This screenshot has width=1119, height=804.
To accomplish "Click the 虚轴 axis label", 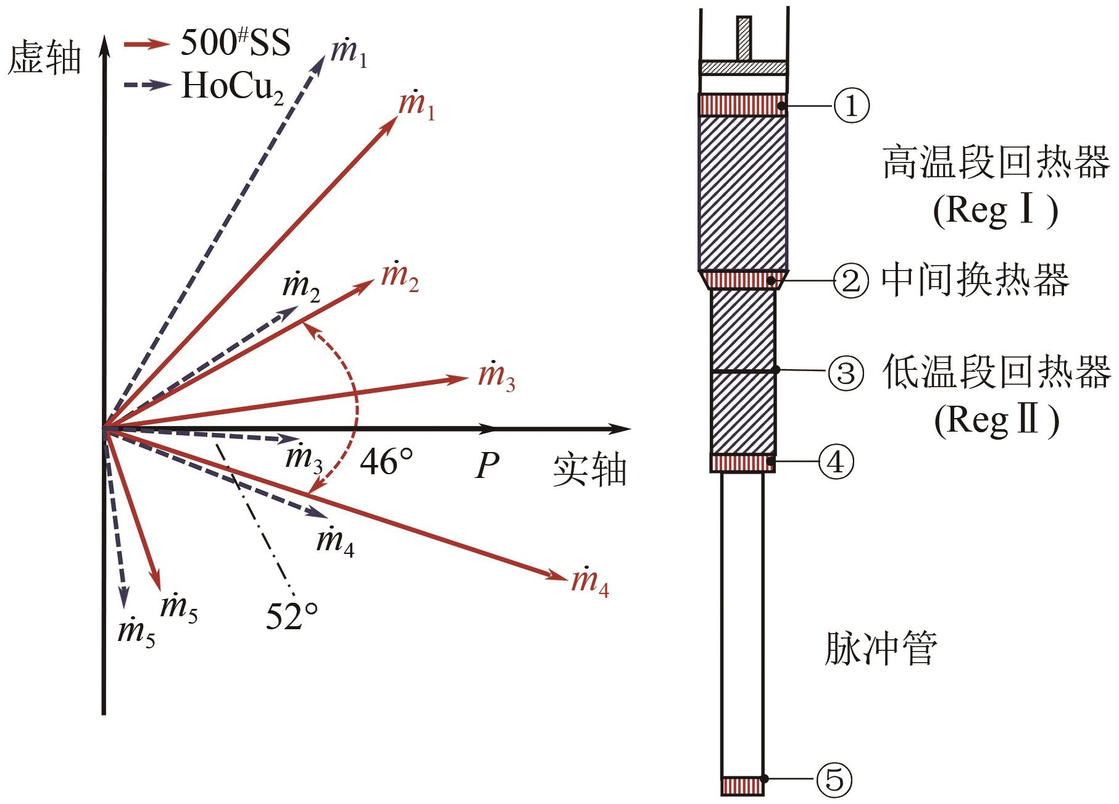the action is pos(44,59).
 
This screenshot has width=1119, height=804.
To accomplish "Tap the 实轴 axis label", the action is pos(589,471).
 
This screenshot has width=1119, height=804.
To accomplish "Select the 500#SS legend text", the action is pos(235,43).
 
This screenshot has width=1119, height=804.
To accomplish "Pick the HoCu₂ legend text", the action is pos(233,86).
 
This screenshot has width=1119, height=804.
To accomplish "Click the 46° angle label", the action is pos(386,461).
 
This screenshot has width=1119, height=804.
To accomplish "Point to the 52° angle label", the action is pos(292,616).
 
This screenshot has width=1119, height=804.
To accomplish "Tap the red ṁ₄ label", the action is pos(591,582).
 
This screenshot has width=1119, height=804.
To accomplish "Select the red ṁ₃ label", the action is pos(497,375).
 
